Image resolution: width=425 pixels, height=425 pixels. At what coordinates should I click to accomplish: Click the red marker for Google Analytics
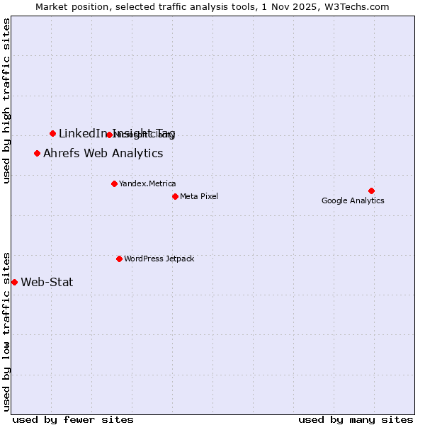(x=371, y=191)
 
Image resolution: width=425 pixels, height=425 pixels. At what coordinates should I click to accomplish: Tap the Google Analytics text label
(x=353, y=200)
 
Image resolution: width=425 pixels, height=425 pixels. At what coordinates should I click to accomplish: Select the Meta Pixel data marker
(x=175, y=196)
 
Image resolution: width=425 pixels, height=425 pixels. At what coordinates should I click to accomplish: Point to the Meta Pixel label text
(x=199, y=196)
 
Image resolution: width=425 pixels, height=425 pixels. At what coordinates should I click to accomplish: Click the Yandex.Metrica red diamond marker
(x=114, y=183)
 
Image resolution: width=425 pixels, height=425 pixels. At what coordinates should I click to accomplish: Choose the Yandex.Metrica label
(x=147, y=183)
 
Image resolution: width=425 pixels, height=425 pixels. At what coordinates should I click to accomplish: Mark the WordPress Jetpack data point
(x=119, y=259)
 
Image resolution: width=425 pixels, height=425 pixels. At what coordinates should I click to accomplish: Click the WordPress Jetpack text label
(x=159, y=259)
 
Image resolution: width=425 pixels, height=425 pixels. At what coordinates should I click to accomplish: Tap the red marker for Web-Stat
(x=14, y=282)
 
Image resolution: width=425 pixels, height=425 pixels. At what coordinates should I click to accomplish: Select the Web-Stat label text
(x=47, y=282)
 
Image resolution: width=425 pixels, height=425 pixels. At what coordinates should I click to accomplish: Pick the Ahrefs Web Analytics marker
(x=37, y=153)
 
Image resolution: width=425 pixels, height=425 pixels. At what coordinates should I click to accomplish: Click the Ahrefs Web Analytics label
(x=103, y=153)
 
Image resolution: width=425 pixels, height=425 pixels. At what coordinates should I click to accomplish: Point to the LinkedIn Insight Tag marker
(x=52, y=133)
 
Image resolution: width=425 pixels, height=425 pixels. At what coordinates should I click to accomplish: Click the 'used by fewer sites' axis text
(x=72, y=420)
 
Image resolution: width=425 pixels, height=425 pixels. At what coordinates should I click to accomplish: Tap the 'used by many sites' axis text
(x=356, y=420)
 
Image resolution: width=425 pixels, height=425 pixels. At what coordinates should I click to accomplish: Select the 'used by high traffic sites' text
(x=6, y=101)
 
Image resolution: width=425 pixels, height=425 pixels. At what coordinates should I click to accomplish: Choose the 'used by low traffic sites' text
(x=6, y=330)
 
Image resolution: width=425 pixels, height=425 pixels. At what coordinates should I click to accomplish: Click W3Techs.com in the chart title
(x=358, y=6)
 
